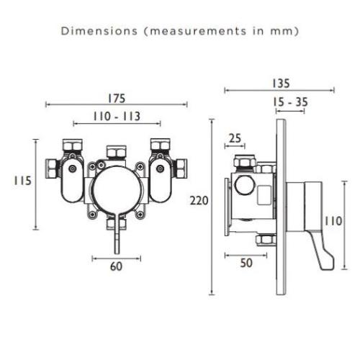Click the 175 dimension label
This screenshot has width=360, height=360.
[117, 99]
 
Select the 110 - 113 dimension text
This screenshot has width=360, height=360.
[117, 117]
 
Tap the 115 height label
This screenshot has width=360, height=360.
[23, 181]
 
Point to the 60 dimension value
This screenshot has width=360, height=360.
[117, 266]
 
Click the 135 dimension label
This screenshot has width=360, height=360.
[281, 84]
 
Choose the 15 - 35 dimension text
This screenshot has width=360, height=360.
[290, 102]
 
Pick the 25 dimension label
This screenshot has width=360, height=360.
[235, 138]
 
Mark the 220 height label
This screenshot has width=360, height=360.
[199, 201]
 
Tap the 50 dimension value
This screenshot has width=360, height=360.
[246, 263]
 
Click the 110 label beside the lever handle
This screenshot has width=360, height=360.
[333, 221]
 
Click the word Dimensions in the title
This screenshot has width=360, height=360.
[99, 31]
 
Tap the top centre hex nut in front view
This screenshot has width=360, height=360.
[116, 152]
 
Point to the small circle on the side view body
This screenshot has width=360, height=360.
[245, 185]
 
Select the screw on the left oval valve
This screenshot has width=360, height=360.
[73, 168]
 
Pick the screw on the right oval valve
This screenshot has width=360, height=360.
[160, 168]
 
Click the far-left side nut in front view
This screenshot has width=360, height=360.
[52, 168]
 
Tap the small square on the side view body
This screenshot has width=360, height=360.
[264, 195]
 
